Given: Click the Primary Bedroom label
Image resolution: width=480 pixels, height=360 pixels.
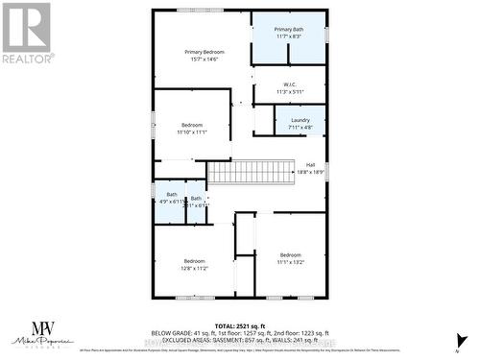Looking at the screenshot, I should [204, 51].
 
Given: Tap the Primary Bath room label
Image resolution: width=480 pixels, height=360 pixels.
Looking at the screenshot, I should [288, 30].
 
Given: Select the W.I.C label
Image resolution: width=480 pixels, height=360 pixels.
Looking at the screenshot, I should [289, 84].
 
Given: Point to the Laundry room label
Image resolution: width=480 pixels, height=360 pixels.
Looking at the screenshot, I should [300, 120].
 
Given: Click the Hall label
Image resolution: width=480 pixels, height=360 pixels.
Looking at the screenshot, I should [310, 164].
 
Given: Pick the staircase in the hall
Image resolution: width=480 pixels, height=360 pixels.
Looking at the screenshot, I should [250, 173].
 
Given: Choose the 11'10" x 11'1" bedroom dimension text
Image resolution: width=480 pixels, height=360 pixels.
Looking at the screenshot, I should [192, 132].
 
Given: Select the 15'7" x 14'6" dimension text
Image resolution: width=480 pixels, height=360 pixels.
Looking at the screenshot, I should [204, 60].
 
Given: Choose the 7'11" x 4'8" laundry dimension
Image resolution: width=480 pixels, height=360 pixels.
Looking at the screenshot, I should [300, 128].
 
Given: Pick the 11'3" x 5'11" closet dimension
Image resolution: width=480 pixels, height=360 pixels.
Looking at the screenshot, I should [289, 91].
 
